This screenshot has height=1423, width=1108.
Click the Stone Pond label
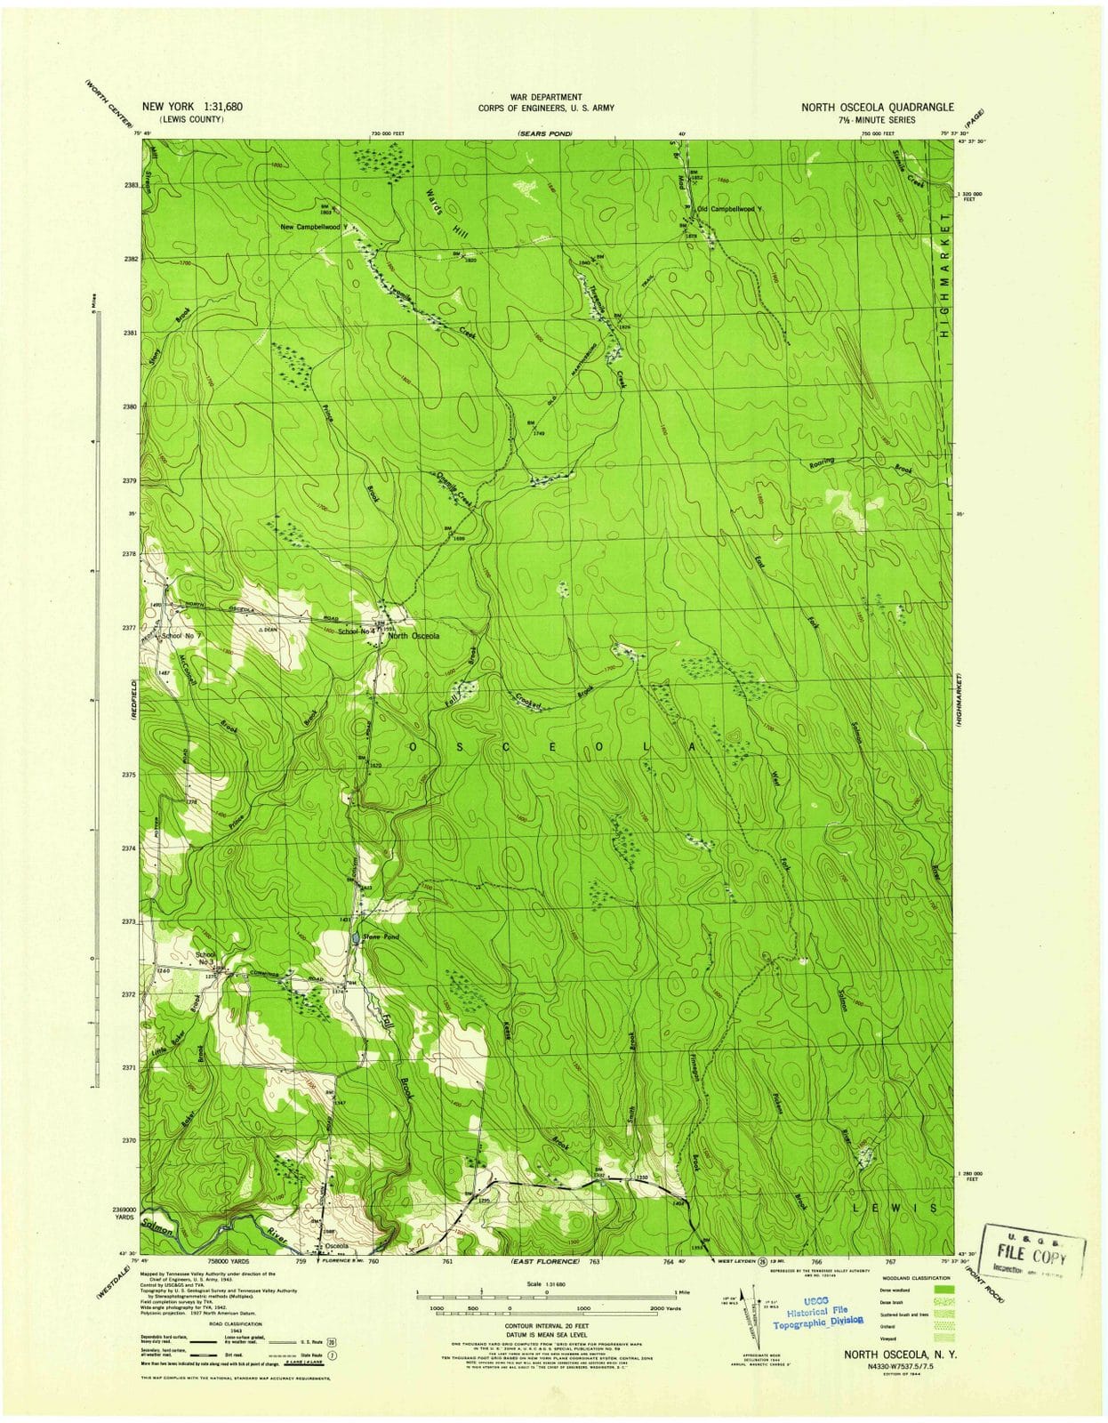380,937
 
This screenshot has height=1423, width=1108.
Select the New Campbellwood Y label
315,227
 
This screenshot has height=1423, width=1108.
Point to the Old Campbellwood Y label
730,209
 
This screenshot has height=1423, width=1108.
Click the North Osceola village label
412,636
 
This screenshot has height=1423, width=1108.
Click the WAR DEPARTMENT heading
546,97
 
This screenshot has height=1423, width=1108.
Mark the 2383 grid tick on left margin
131,185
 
